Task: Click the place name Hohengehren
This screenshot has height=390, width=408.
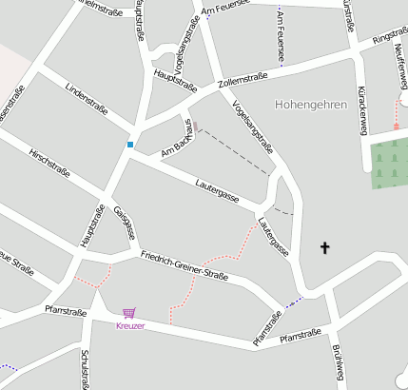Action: [309, 104]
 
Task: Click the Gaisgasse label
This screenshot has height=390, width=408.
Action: [126, 222]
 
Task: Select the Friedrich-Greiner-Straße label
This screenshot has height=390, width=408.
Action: [185, 265]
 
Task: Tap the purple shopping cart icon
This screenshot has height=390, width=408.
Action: [129, 312]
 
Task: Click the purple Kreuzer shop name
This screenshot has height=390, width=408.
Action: [130, 326]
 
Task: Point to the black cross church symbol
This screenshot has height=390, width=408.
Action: [324, 248]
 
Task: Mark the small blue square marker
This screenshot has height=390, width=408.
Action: [130, 145]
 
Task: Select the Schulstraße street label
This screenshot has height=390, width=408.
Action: [85, 367]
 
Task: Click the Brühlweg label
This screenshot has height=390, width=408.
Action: [338, 361]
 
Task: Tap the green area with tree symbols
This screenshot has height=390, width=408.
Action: [388, 162]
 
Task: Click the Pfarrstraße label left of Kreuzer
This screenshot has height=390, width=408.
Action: [65, 310]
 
